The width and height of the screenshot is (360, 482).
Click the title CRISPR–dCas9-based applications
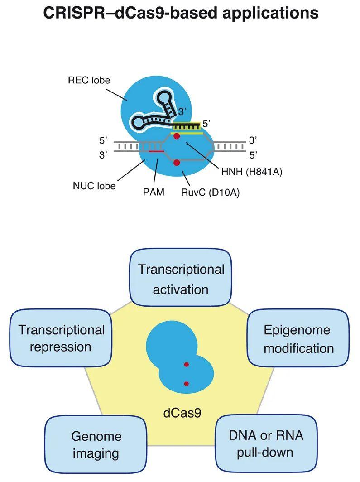pyautogui.click(x=180, y=13)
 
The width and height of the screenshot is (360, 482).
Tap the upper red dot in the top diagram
pyautogui.click(x=177, y=136)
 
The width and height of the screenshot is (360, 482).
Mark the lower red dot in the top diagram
pyautogui.click(x=177, y=162)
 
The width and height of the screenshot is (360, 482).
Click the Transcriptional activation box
pyautogui.click(x=181, y=279)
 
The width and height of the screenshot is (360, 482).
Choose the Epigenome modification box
pyautogui.click(x=299, y=339)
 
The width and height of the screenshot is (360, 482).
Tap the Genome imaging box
pyautogui.click(x=96, y=444)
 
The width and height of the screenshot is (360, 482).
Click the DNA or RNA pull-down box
pyautogui.click(x=265, y=443)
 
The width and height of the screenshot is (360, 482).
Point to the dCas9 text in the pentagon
pyautogui.click(x=180, y=413)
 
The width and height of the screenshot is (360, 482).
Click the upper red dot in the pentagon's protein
pyautogui.click(x=186, y=364)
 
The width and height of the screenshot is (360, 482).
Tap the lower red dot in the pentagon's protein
pyautogui.click(x=186, y=384)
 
